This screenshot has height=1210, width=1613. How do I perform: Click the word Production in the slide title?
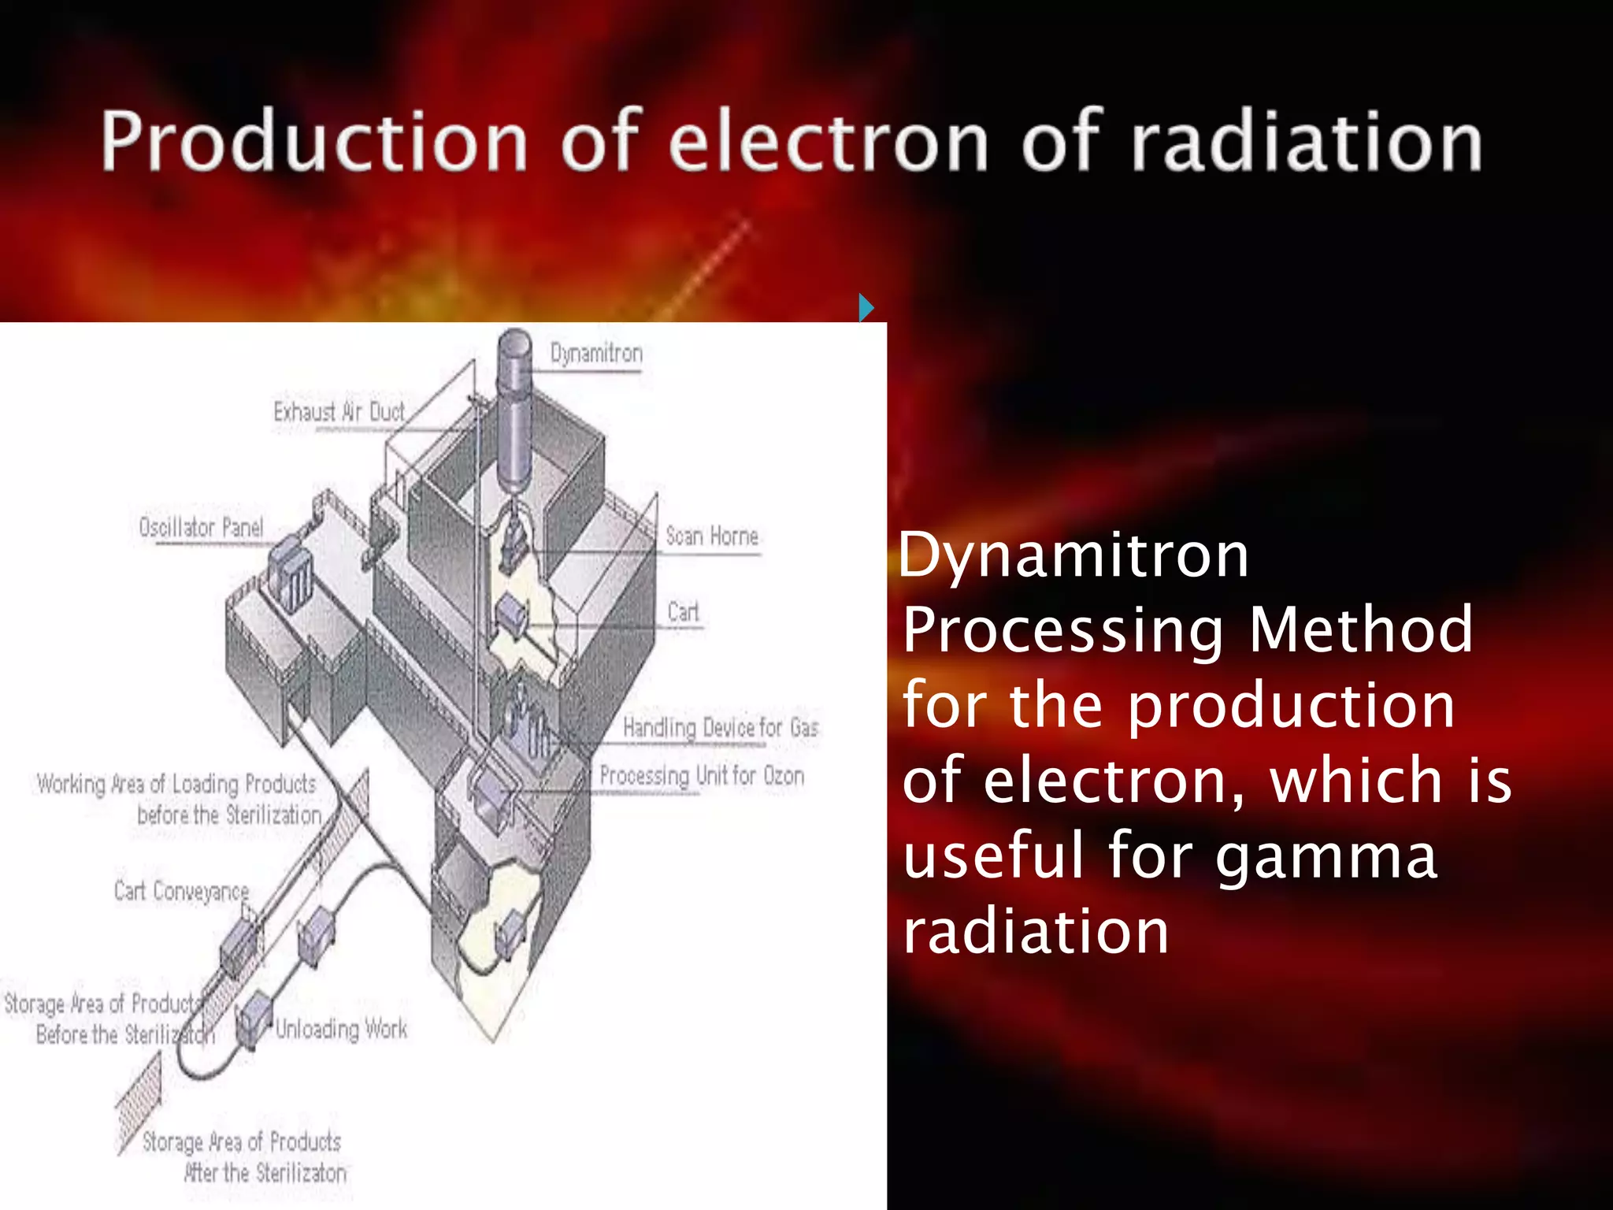(x=313, y=142)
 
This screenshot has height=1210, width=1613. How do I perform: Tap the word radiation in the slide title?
(x=1307, y=142)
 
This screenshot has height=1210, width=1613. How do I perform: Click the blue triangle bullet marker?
(x=866, y=306)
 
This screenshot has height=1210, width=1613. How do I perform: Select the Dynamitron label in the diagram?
(x=596, y=354)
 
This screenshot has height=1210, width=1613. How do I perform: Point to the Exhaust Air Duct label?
(x=339, y=411)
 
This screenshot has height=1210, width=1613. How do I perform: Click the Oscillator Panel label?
(x=201, y=527)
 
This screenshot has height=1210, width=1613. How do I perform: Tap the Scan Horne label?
(x=712, y=536)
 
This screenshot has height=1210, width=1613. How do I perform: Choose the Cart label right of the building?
(x=683, y=612)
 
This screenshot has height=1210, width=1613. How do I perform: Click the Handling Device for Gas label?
(x=721, y=727)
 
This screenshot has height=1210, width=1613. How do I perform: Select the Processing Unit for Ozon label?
(x=702, y=776)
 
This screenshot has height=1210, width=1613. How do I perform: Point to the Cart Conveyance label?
(x=181, y=891)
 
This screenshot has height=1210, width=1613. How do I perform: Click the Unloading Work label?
(x=341, y=1029)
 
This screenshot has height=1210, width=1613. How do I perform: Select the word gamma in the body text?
(x=1326, y=857)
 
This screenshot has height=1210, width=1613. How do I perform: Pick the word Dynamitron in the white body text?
(x=1073, y=555)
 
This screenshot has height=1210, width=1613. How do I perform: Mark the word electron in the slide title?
(x=828, y=142)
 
